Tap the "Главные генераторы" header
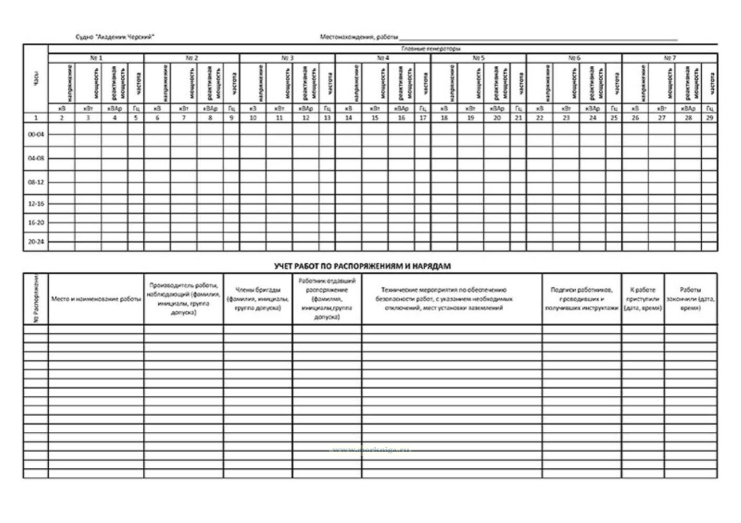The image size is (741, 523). [431, 49]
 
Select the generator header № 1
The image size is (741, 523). [96, 58]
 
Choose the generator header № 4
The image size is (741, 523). [383, 58]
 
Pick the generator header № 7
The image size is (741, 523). [669, 58]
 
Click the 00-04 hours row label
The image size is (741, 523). [36, 134]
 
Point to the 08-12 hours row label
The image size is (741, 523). [36, 182]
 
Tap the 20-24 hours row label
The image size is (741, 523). [36, 242]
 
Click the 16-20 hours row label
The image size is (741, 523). [36, 222]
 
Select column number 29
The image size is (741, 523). [709, 118]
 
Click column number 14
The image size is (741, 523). [348, 118]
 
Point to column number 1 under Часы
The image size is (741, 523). [36, 118]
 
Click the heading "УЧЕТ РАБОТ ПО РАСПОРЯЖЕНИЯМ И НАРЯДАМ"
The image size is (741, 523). [362, 266]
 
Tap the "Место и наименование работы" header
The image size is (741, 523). [96, 299]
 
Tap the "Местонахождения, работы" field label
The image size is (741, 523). [359, 37]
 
